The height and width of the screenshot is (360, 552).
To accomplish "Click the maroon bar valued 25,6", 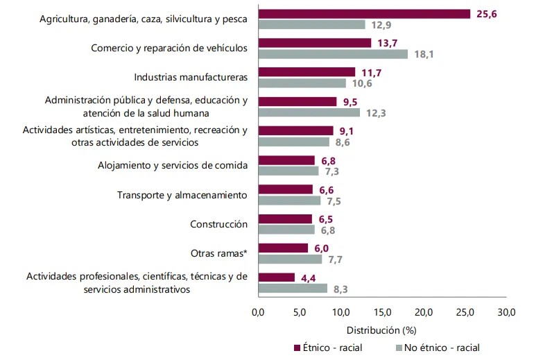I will (364, 14).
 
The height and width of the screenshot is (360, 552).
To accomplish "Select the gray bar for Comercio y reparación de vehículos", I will (333, 53).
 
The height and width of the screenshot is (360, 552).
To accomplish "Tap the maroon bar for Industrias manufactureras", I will (307, 72).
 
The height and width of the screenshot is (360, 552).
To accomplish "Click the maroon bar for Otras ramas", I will (283, 248).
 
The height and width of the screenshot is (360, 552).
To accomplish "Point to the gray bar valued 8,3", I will (293, 289).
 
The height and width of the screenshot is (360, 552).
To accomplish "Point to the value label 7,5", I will (334, 201).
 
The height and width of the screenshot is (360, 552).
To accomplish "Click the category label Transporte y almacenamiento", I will (182, 195).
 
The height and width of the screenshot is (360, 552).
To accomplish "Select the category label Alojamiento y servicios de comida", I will (173, 165).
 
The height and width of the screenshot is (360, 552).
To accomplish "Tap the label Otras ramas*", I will (219, 253).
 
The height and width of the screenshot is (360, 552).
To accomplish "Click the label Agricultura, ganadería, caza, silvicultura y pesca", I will (144, 19).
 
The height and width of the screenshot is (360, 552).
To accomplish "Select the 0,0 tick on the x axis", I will (258, 313).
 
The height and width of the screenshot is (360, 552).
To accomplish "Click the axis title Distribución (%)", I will (381, 330).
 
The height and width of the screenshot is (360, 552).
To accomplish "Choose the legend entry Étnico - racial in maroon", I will (328, 348).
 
